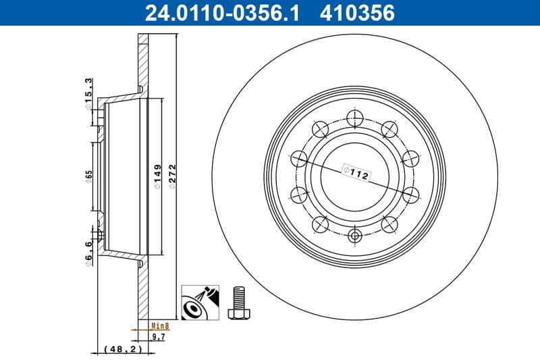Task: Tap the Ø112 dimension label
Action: tap(355, 173)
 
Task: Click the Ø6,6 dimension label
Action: tap(88, 254)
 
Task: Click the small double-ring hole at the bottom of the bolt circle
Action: tap(355, 236)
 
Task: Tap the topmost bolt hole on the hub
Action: tap(355, 115)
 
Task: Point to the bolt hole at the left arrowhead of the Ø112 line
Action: tap(299, 159)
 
